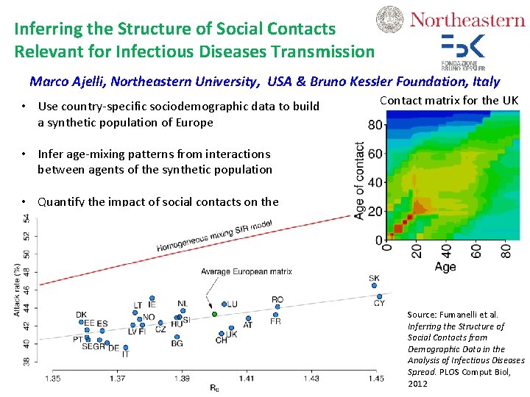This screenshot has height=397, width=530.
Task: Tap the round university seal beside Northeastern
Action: [x=390, y=20]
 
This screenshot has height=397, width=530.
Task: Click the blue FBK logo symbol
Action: [x=463, y=46]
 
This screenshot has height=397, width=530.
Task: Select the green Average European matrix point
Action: [x=214, y=314]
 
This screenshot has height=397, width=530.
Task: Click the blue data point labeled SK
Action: [x=374, y=287]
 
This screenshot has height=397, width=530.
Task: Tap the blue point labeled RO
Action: [x=277, y=307]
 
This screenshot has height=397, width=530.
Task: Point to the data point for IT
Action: [x=125, y=347]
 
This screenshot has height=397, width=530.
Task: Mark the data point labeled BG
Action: [x=177, y=336]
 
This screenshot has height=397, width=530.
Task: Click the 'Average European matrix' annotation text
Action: [x=247, y=271]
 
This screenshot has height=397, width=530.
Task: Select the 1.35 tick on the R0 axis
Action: [x=53, y=378]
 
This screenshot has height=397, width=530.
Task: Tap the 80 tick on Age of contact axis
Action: [x=375, y=125]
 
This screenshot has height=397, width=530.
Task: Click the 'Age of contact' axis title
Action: [x=359, y=181]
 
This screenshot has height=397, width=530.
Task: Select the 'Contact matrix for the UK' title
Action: [x=449, y=100]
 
